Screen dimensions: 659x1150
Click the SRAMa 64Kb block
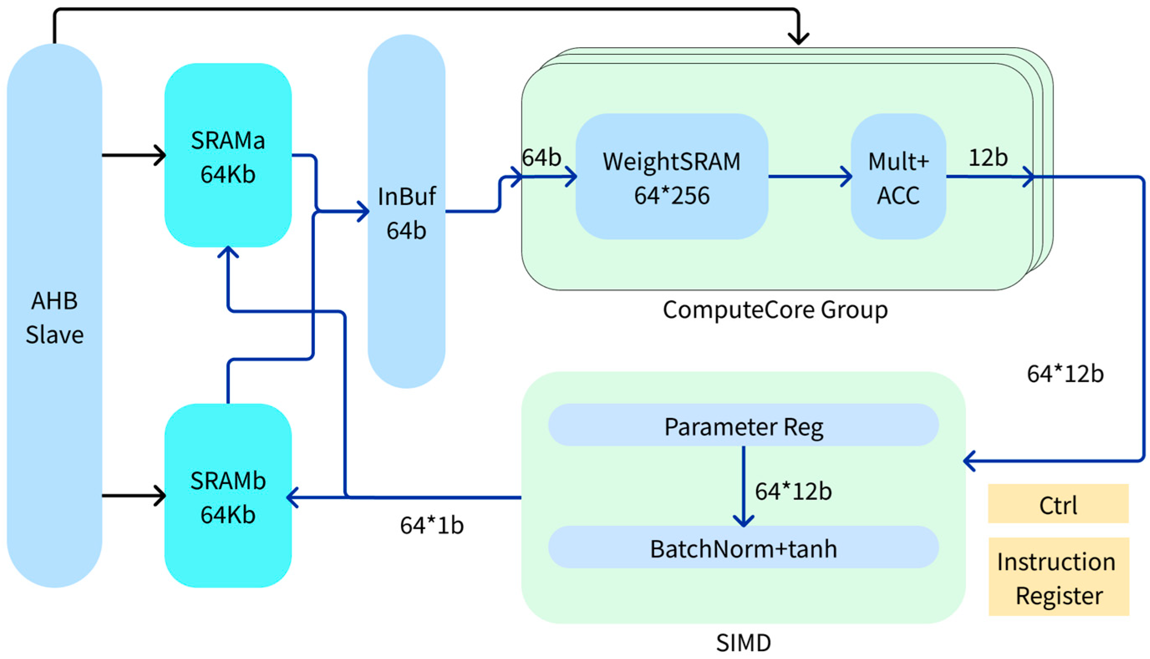tap(228, 156)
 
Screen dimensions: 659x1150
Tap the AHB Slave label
tap(54, 318)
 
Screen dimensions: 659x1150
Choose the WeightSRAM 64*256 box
tap(672, 177)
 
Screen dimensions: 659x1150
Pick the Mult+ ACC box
tap(899, 177)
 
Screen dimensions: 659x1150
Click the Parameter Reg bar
tap(743, 426)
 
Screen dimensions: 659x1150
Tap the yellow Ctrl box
tap(1058, 504)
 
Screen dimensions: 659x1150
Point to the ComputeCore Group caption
tap(775, 310)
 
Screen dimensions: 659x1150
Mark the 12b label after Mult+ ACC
tap(988, 157)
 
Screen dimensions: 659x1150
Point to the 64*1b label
tap(432, 525)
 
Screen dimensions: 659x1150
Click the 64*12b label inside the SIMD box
tap(793, 492)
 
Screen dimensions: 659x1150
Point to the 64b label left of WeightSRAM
tap(541, 157)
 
